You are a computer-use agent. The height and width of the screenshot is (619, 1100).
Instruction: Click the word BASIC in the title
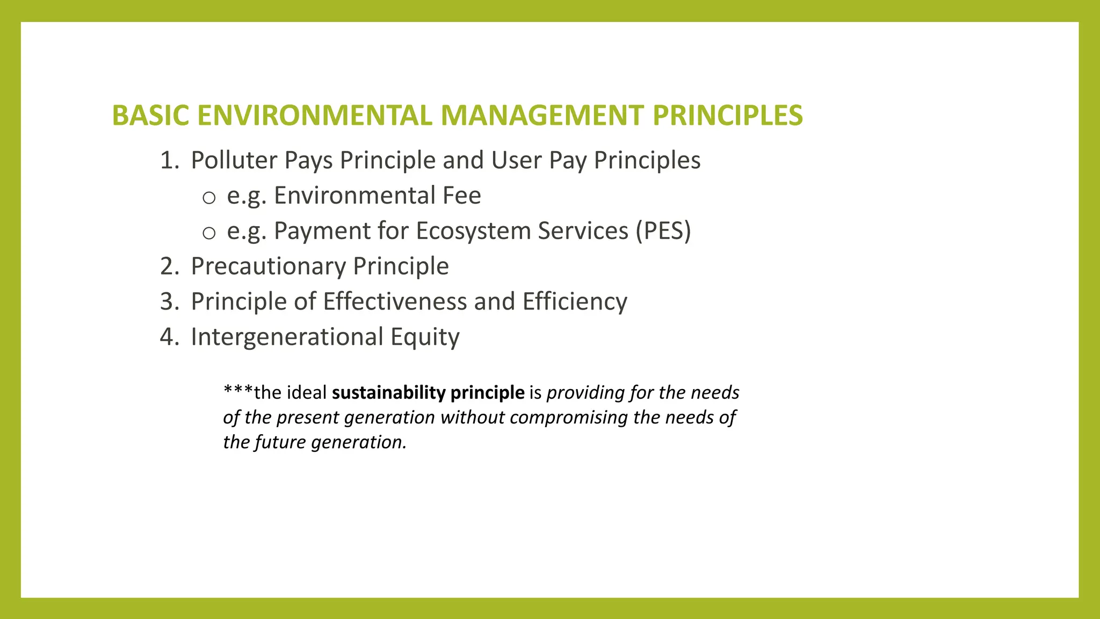click(150, 116)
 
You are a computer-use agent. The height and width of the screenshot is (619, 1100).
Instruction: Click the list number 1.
click(169, 161)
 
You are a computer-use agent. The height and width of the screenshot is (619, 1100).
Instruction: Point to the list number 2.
click(169, 267)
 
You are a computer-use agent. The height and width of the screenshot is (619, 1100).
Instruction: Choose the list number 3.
click(169, 302)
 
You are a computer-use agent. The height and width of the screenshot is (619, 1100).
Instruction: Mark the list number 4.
click(169, 337)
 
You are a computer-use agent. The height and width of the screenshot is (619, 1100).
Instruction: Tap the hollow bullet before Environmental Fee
click(209, 198)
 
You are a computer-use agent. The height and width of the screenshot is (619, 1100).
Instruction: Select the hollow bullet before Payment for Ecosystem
click(209, 233)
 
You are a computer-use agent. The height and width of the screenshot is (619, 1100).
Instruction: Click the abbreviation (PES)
click(663, 231)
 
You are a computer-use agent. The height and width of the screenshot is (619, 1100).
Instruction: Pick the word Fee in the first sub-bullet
click(461, 196)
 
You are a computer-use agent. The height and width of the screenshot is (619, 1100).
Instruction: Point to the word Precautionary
click(268, 267)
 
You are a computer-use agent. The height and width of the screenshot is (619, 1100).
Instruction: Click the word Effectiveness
click(395, 302)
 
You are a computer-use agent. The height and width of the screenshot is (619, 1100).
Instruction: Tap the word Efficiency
click(575, 302)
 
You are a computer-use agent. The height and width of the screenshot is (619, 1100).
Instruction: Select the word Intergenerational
click(286, 337)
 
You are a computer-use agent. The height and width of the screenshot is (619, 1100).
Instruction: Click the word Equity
click(425, 337)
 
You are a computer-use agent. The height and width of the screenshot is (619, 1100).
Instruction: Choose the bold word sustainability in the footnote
click(388, 393)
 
